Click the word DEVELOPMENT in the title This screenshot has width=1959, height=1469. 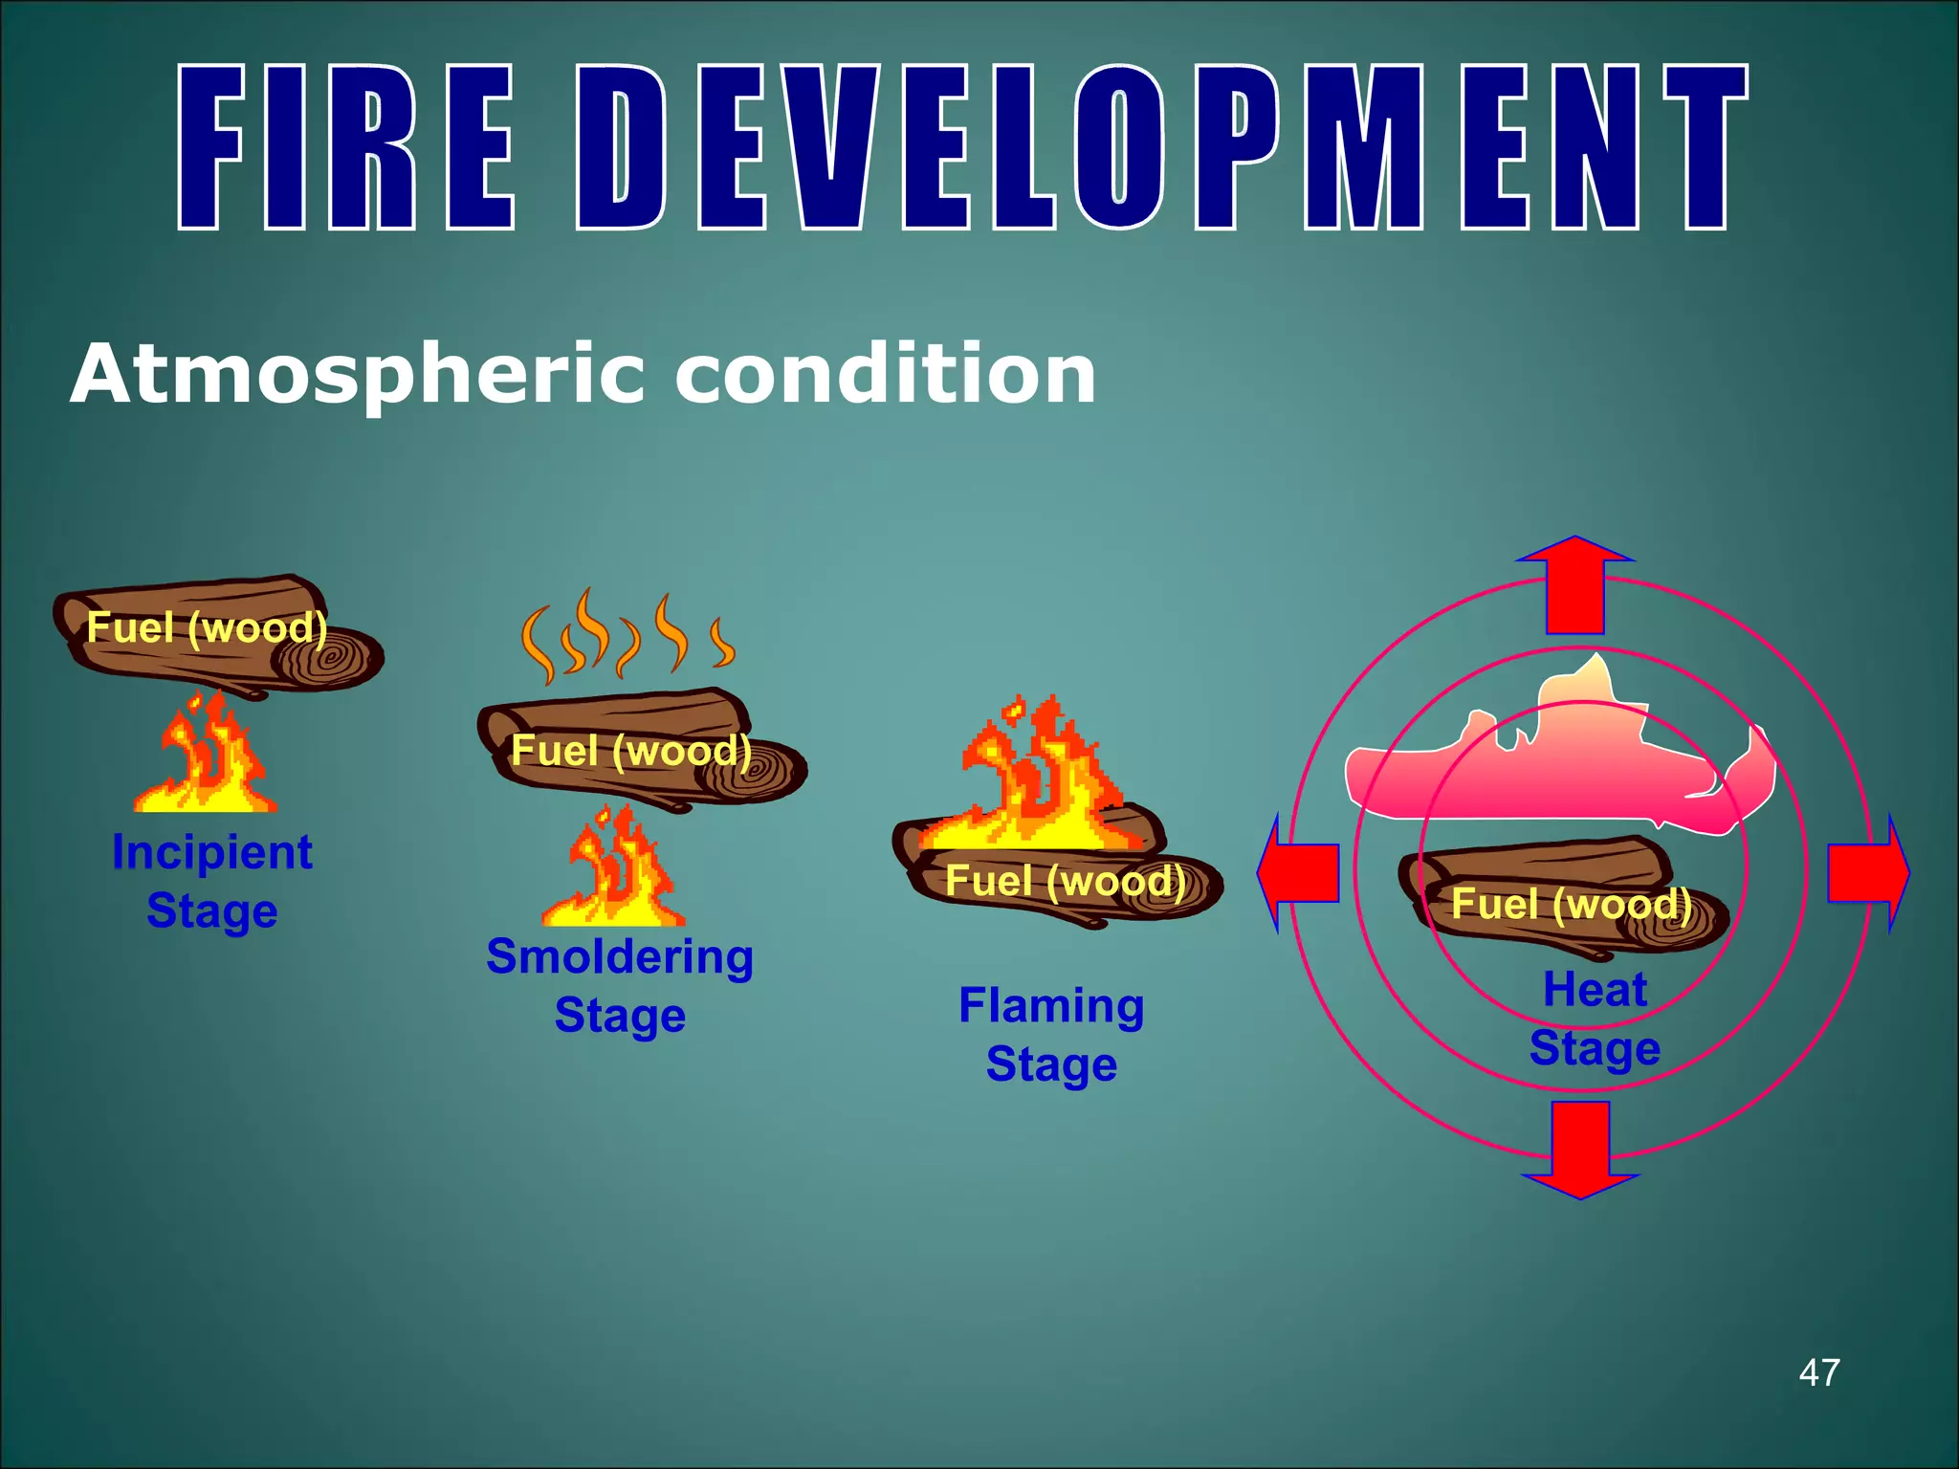(x=1162, y=148)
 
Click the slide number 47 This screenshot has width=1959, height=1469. (x=1818, y=1372)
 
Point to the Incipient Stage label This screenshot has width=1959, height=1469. (x=212, y=881)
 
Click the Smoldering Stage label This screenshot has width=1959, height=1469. (x=620, y=985)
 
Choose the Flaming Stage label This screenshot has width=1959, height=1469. (x=1051, y=1035)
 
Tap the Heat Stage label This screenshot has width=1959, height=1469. (x=1595, y=1018)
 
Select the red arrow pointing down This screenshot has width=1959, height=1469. (x=1580, y=1149)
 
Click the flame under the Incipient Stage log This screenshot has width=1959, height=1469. (x=208, y=760)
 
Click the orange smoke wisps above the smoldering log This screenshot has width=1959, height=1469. (x=627, y=636)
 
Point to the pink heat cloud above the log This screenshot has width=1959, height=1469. (x=1559, y=765)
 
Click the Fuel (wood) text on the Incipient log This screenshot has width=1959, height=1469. (x=207, y=628)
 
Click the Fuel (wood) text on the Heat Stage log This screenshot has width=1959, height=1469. (x=1572, y=904)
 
